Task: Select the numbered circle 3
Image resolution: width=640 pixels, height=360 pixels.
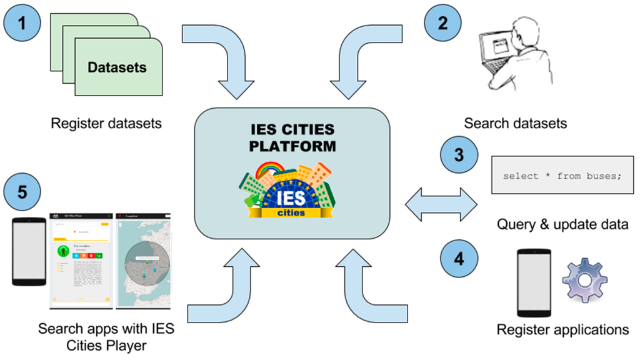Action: [459, 154]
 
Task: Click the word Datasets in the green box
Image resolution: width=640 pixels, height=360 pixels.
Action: [117, 67]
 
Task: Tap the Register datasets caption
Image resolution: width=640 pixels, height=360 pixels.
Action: [106, 123]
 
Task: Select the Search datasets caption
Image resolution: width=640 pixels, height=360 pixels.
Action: [516, 123]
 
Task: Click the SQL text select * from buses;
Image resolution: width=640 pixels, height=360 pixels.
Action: [562, 176]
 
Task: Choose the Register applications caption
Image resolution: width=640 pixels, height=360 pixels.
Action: [562, 329]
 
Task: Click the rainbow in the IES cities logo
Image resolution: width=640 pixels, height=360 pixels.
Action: [265, 168]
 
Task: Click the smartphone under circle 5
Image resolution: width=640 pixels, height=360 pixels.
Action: [29, 252]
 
